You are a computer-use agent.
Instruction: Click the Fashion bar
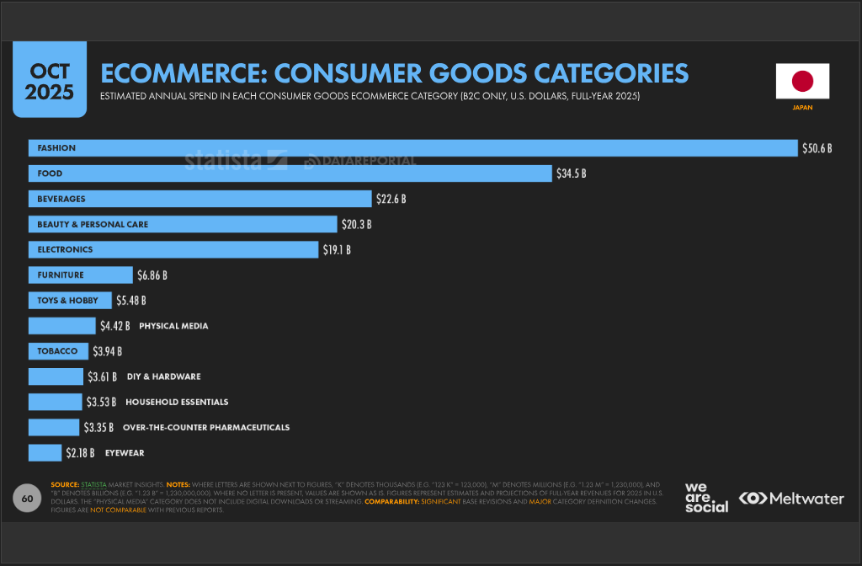pos(412,148)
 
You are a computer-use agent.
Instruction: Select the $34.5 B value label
pos(571,174)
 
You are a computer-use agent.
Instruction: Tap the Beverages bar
pos(200,199)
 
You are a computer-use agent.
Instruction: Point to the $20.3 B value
pos(356,224)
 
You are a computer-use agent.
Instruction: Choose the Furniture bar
pos(81,275)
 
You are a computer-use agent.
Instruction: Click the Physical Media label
pos(173,326)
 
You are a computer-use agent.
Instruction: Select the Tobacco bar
pos(58,351)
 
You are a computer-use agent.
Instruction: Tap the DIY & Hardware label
pos(163,376)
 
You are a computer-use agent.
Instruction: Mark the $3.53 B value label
pos(101,402)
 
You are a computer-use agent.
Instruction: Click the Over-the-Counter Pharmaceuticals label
pos(206,427)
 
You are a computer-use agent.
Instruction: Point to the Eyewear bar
pos(45,452)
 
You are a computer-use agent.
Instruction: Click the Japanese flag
pos(802,81)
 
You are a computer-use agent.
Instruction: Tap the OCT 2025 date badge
pos(50,81)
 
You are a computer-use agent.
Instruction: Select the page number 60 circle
pos(27,499)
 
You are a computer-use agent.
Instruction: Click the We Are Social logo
pos(705,497)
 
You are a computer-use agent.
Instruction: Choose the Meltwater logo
pos(791,499)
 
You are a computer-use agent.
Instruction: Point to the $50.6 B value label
pos(817,148)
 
